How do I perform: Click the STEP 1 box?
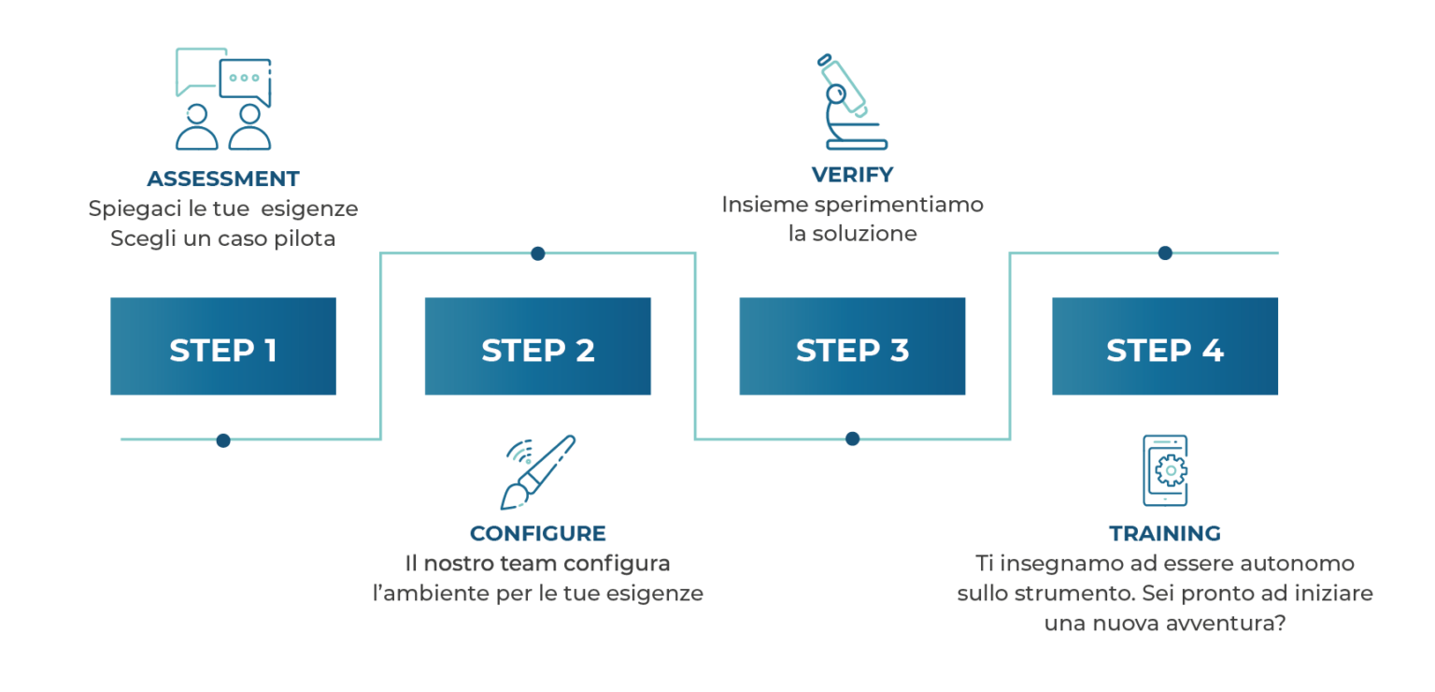tap(223, 346)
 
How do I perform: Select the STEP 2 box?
tap(537, 346)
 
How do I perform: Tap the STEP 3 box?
tap(852, 346)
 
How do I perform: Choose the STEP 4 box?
tap(1165, 346)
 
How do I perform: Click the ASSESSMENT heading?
tap(223, 179)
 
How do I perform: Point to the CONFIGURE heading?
tap(537, 533)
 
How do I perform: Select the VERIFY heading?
tap(852, 175)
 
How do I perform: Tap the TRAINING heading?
tap(1165, 533)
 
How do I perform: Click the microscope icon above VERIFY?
tap(852, 102)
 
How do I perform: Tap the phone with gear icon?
tap(1165, 470)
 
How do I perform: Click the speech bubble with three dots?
tap(246, 80)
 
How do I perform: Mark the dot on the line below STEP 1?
tap(223, 440)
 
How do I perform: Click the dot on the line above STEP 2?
tap(538, 254)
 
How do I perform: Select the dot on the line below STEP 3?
tap(852, 439)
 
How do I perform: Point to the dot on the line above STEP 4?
tap(1165, 253)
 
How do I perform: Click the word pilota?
tap(305, 238)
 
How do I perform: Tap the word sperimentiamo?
tap(899, 205)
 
